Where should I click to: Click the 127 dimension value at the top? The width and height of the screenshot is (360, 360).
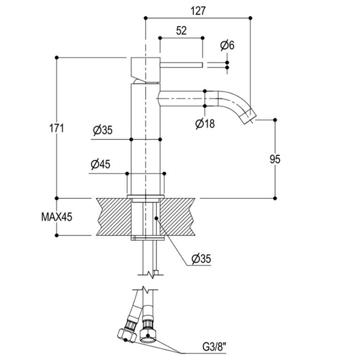point(198,11)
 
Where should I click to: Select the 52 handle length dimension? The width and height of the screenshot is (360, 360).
point(181,31)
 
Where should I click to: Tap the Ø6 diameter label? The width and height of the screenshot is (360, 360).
point(227,45)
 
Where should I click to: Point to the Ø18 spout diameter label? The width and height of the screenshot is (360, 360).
point(205,123)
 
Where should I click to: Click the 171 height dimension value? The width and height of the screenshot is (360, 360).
point(57,128)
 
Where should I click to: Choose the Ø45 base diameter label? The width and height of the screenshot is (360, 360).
point(100,164)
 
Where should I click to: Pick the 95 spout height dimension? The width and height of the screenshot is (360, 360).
point(275,159)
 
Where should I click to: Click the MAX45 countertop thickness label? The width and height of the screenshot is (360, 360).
point(57,217)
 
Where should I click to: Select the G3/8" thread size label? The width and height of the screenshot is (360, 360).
point(214,347)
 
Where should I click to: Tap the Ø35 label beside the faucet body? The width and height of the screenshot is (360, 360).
point(103,130)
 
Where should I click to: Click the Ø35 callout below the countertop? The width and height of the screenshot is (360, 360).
point(201,259)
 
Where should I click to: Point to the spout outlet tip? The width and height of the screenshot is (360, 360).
point(250,116)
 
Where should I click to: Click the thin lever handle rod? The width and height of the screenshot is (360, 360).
point(181,65)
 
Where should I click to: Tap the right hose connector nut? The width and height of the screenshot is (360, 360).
point(148,336)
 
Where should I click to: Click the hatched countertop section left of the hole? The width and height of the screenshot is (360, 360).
point(114,217)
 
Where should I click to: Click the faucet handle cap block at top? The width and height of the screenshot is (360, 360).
point(146,69)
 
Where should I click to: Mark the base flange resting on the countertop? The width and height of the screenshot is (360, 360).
point(146,196)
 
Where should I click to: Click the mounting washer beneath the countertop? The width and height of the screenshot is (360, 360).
point(148,238)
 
